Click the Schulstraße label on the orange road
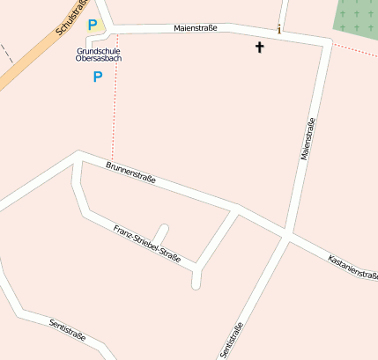tap(72, 18)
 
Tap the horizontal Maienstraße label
tap(196, 28)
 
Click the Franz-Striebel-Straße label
tap(147, 245)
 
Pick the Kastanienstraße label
tap(352, 268)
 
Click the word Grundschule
tap(97, 50)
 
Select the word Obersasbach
tap(98, 58)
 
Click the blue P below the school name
tap(97, 77)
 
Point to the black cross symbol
tap(260, 47)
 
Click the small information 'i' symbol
tap(279, 29)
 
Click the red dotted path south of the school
tap(115, 106)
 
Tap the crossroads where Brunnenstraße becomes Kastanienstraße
tap(288, 236)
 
